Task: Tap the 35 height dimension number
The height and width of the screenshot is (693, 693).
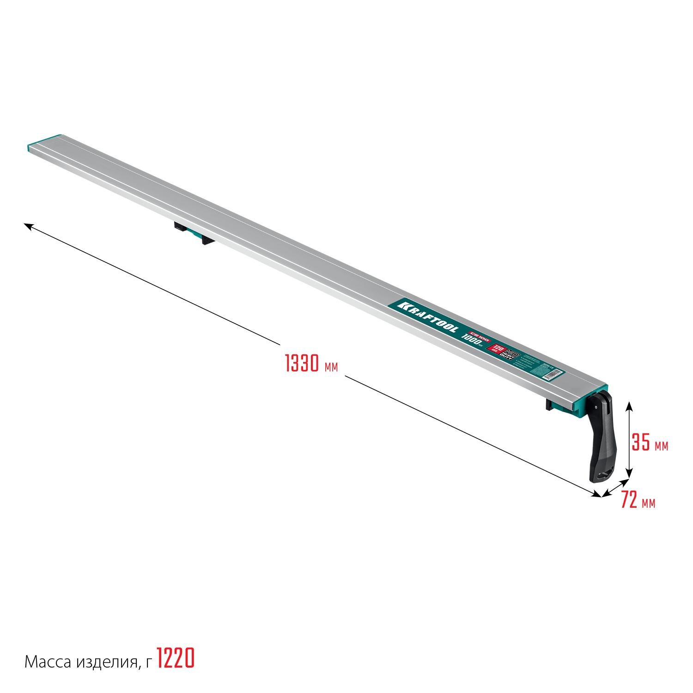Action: [641, 443]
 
